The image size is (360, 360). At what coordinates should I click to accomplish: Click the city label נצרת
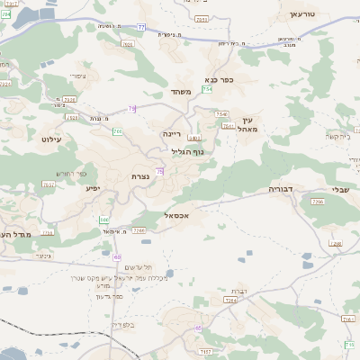[139, 175]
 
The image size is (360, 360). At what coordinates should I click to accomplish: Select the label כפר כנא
[220, 79]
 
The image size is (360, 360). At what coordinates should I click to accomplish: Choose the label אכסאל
[176, 216]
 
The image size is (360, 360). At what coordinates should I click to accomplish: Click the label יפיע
[93, 188]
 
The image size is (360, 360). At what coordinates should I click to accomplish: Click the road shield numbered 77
[141, 27]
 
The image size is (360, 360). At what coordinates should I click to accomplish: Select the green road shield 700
[117, 131]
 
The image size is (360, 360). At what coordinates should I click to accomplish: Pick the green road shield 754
[208, 89]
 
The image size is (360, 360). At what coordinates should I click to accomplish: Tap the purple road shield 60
[117, 257]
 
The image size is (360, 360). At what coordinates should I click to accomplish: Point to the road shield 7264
[230, 300]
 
